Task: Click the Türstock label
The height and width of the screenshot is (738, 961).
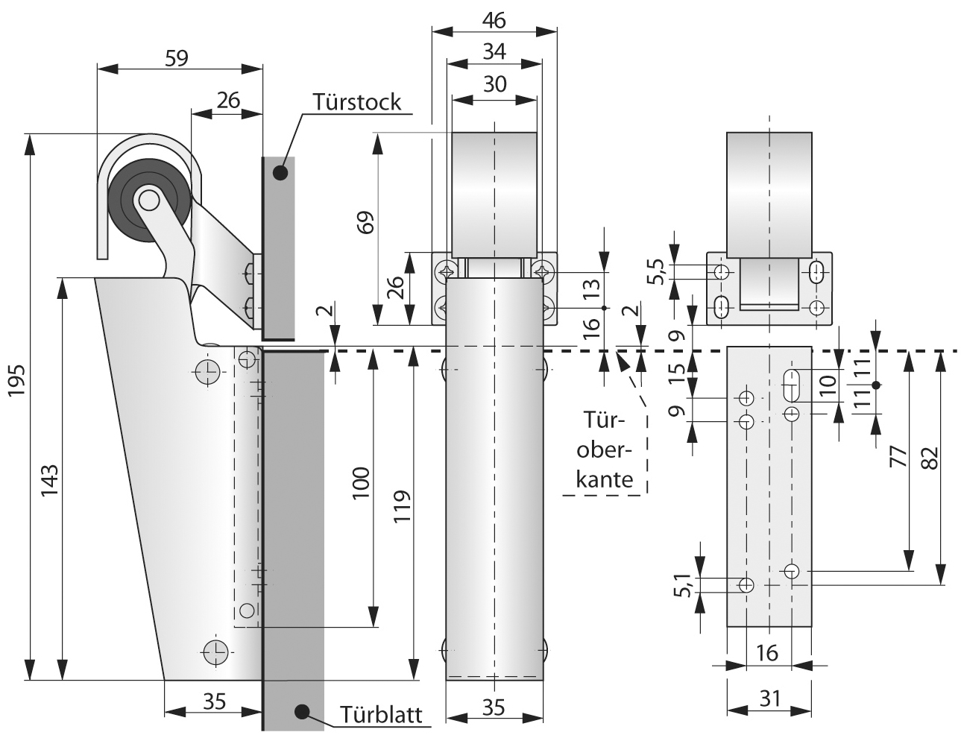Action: click(x=358, y=101)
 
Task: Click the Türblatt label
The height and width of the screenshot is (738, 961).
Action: click(x=382, y=715)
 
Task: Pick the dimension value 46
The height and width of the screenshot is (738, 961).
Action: click(x=494, y=20)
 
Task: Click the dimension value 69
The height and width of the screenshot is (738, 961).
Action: click(x=365, y=222)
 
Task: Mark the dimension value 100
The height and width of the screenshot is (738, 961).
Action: click(x=360, y=486)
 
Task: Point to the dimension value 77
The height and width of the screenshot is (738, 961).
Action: click(x=897, y=457)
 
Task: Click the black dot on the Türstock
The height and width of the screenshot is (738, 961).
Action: click(x=280, y=173)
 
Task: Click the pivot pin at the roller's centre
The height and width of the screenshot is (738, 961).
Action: click(x=148, y=200)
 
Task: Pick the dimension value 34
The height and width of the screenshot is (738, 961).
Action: click(x=494, y=51)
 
